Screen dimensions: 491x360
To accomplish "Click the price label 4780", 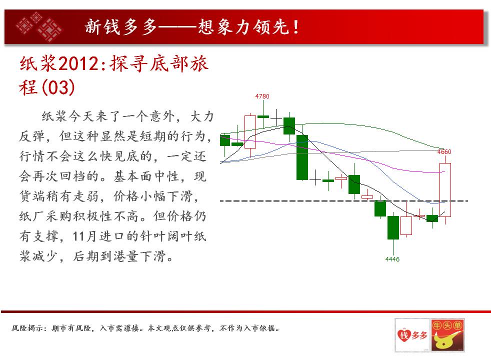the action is pos(262,96).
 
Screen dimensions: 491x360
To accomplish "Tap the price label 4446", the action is pos(392,259).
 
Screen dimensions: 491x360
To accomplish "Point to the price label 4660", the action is pos(444,152).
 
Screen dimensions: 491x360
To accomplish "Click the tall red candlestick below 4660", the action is pos(445,189).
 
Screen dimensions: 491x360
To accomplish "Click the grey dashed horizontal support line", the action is pos(344,200).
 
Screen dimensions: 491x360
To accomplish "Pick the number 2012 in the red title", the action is pos(78,63).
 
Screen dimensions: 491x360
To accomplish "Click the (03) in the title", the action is pos(58,87).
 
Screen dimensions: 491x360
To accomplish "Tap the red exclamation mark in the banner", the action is pos(296,27).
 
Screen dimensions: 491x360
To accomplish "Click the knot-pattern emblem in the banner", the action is pos(39,26).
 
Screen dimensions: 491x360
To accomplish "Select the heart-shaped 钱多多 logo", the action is pos(412,335).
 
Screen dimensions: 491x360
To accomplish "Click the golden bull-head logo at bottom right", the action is pos(447,335).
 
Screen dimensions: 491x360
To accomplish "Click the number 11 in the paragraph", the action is pos(79,236).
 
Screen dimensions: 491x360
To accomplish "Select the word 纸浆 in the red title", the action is pos(38,63).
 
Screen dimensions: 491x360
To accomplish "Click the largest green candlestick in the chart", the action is pos(302,157).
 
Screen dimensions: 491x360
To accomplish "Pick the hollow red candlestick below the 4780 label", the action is pos(250,132).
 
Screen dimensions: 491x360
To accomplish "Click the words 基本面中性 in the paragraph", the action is pos(146,176).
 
